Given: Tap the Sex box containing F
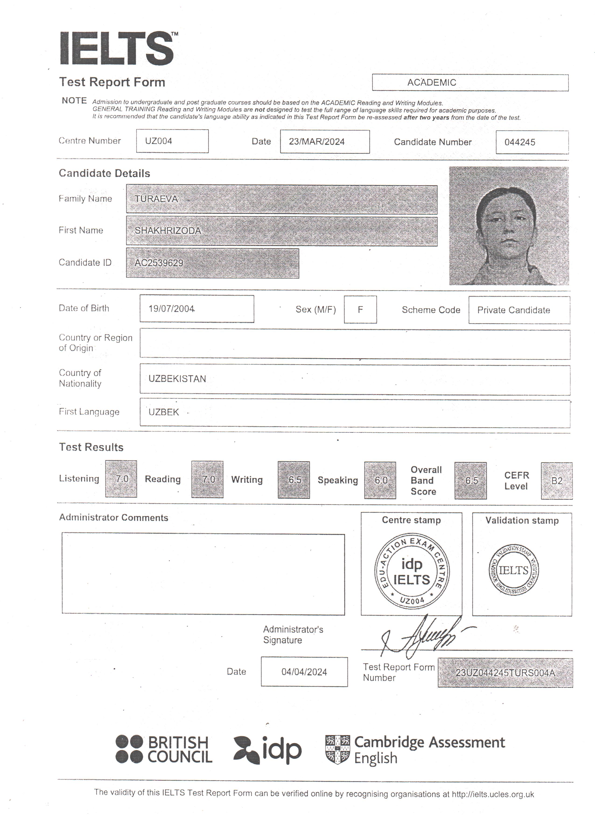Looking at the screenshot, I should pyautogui.click(x=360, y=309).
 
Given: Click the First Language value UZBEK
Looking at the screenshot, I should pyautogui.click(x=164, y=412).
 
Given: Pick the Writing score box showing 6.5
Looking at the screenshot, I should pyautogui.click(x=294, y=480).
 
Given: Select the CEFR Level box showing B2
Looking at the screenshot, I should pyautogui.click(x=556, y=481).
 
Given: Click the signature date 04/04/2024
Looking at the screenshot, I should pyautogui.click(x=304, y=672).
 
